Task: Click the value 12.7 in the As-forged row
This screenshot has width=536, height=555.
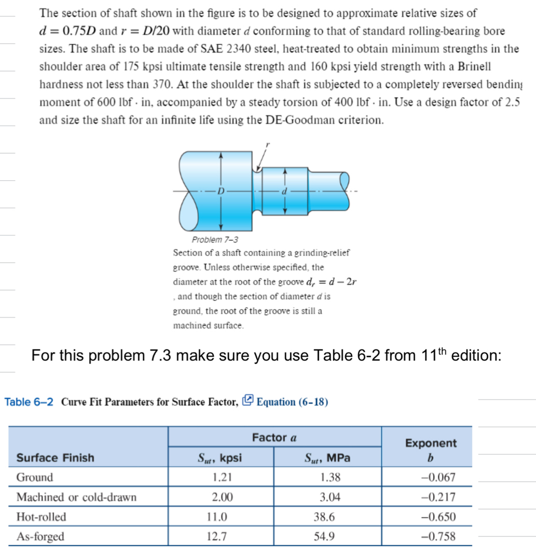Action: [x=220, y=537]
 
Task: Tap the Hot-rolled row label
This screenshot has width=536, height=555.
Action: [x=41, y=517]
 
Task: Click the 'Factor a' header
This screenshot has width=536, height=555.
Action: [x=274, y=438]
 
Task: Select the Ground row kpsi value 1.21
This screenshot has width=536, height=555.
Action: [x=220, y=477]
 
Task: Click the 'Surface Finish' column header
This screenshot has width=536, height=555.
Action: [x=56, y=457]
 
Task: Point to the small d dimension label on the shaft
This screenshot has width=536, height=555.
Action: [x=284, y=191]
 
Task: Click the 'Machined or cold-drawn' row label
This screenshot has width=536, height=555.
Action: [x=76, y=497]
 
